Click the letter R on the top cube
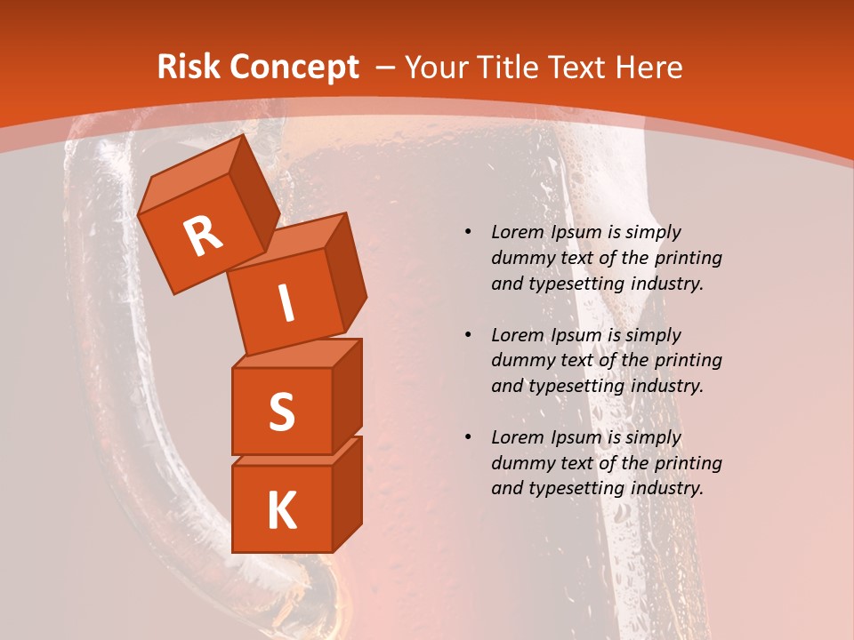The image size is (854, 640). point(204,236)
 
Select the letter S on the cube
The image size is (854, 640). point(281,412)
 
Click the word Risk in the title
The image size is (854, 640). point(188,67)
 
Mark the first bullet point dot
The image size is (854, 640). point(468,232)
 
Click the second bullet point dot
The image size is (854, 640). point(468,335)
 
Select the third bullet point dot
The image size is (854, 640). point(468,437)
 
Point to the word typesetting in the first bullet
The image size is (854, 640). point(569,284)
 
